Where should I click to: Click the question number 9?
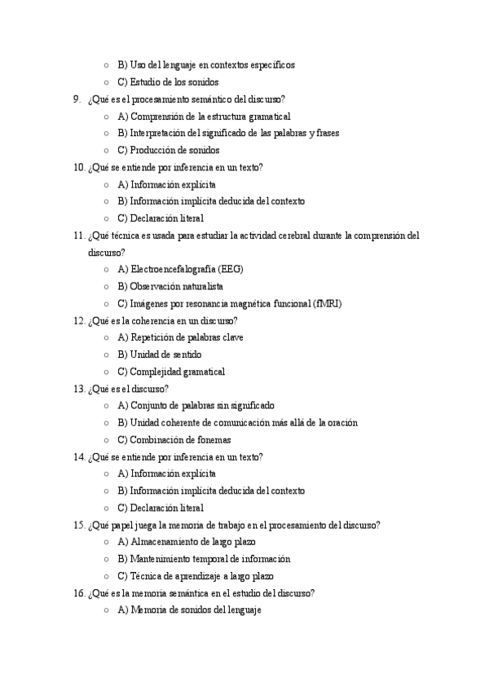click(77, 99)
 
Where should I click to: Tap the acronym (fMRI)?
click(328, 304)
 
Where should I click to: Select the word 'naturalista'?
click(200, 287)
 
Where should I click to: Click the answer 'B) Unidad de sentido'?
click(160, 354)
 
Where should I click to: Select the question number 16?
click(79, 593)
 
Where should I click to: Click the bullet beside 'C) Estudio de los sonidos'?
click(106, 82)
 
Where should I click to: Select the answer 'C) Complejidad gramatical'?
click(171, 372)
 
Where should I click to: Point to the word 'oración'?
click(342, 423)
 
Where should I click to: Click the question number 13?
click(79, 389)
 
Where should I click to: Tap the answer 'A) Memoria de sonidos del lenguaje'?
click(189, 610)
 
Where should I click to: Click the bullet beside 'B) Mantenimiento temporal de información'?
click(106, 559)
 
